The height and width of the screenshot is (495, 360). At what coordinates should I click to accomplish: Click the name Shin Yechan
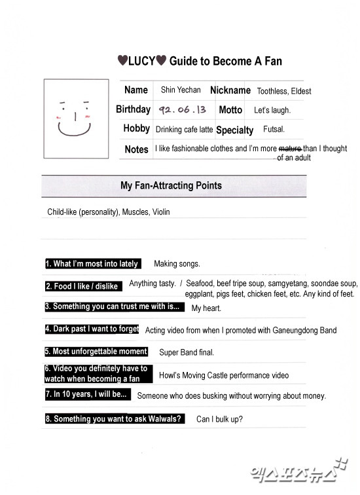181,90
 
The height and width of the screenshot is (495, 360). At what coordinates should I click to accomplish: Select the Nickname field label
230,90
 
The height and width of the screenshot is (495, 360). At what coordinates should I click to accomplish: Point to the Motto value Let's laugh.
272,110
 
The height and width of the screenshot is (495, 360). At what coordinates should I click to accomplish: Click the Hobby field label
137,129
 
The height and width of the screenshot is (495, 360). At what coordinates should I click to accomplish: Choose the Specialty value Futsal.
274,130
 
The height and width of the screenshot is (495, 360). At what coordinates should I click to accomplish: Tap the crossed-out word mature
291,149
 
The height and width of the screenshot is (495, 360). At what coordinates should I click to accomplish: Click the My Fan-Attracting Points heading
171,186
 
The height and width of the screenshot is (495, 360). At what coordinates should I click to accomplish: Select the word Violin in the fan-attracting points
160,212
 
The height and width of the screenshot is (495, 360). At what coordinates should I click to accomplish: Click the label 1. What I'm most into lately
92,264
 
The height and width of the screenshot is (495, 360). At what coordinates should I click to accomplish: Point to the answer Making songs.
177,264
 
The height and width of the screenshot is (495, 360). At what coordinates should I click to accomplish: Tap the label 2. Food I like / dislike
82,286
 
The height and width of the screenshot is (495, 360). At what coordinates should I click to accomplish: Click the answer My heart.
206,308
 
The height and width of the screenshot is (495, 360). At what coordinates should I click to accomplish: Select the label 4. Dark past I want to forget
92,329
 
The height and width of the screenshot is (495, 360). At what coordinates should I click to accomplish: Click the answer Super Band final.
187,352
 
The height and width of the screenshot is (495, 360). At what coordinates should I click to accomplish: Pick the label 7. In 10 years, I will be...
87,395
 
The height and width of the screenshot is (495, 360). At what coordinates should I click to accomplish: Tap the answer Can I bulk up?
219,419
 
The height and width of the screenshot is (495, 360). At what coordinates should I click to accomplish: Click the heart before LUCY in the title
122,61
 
